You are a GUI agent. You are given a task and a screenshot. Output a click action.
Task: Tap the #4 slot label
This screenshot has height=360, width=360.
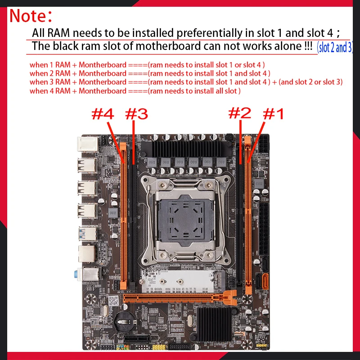point(102,114)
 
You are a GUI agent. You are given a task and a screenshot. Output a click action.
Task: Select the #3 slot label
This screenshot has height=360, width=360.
point(136,114)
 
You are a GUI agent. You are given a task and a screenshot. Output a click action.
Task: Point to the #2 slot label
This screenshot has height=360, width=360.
point(240,113)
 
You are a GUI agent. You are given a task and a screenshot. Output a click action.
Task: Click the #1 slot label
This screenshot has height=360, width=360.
point(273,114)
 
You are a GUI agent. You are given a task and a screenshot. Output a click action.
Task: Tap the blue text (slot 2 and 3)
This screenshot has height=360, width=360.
point(334,47)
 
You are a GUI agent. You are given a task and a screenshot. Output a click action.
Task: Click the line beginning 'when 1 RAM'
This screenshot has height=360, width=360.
point(147,65)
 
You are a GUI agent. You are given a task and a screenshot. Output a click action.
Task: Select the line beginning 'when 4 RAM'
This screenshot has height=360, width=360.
point(135,91)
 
